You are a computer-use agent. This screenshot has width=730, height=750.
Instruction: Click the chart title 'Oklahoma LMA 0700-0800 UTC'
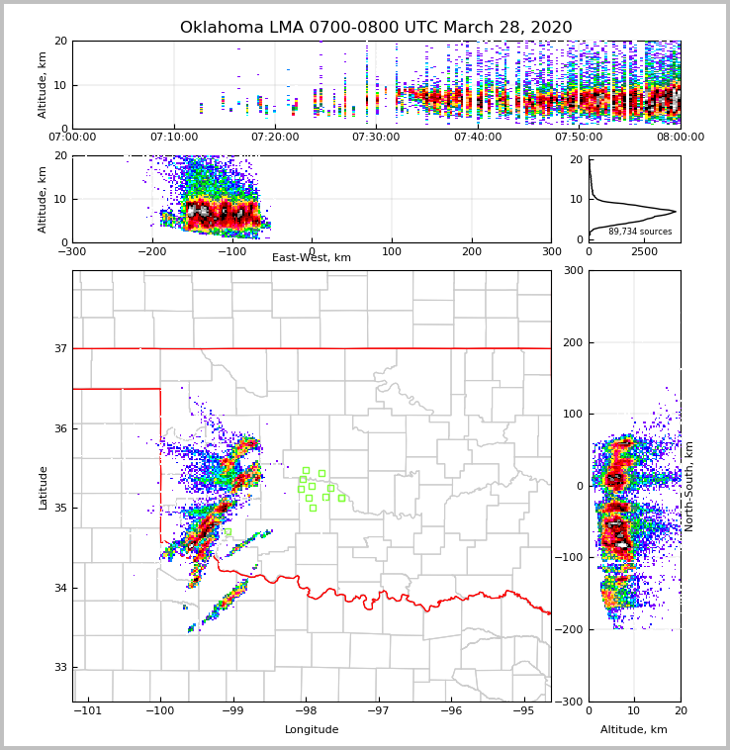375,28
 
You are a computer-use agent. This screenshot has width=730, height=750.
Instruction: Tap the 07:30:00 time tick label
376,138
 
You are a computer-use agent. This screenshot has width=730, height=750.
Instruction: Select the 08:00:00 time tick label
680,138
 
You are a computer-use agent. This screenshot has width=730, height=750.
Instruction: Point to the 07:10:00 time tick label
174,138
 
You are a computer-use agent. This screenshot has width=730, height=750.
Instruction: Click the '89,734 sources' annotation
639,232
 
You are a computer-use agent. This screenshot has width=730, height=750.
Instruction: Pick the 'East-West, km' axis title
312,258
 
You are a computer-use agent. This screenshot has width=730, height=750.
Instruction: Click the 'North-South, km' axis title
689,486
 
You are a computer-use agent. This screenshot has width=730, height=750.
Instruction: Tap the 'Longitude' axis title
312,730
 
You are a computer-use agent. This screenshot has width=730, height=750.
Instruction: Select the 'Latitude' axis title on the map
43,487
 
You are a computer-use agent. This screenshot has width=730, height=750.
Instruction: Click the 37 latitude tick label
59,348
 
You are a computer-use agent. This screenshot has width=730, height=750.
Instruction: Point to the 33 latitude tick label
59,668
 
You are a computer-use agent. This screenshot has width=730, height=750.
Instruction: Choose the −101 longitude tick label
87,710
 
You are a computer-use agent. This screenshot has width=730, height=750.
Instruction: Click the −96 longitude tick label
451,710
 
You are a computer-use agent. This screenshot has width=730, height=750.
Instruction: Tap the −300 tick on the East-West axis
72,251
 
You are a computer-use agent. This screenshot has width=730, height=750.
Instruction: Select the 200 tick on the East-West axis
472,251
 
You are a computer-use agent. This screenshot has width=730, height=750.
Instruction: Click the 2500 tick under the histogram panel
644,251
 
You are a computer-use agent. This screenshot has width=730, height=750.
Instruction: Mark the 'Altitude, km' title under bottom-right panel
634,730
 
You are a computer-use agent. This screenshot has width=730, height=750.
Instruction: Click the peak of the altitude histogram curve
676,211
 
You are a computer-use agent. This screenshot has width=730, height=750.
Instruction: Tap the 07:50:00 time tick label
579,138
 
